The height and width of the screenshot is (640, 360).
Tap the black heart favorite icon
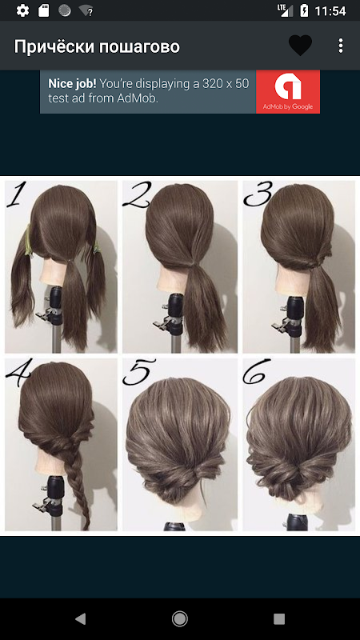(x=301, y=46)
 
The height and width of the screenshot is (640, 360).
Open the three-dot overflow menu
(x=341, y=46)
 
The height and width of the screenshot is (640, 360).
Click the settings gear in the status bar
(x=22, y=10)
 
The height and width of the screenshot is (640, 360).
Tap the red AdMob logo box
(x=288, y=91)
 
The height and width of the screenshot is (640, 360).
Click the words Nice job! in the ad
(x=72, y=84)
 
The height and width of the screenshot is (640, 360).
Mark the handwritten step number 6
(x=257, y=371)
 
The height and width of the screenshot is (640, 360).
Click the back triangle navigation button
(x=81, y=619)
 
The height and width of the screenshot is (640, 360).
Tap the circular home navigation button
(x=179, y=619)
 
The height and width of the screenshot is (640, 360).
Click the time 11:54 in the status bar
(x=330, y=11)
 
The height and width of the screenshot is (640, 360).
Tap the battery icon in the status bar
(x=304, y=10)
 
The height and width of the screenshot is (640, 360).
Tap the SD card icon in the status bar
(x=43, y=10)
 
